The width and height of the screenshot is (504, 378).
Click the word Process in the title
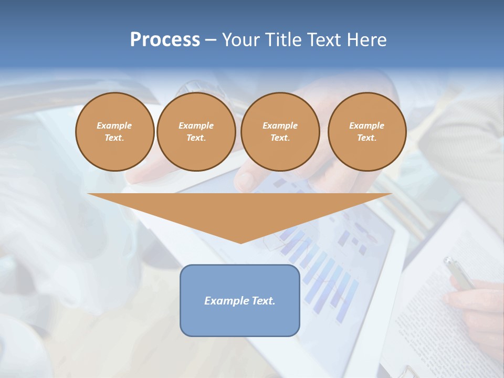[165, 40]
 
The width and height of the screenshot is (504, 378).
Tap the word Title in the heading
[282, 40]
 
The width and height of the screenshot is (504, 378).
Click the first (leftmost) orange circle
[114, 132]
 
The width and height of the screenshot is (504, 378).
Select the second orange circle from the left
[196, 132]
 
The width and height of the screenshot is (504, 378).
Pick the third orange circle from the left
[280, 132]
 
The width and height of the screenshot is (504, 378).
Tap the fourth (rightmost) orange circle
[367, 132]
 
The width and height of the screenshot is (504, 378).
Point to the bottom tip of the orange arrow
[240, 243]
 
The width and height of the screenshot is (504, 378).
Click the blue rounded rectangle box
[240, 315]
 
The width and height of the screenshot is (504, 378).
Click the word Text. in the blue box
[264, 301]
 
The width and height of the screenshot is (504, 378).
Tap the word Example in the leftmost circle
[114, 125]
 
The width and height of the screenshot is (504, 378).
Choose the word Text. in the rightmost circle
[367, 138]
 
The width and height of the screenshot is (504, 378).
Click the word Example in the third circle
[280, 125]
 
